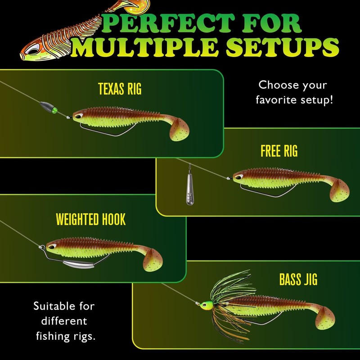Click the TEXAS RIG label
click(119, 89)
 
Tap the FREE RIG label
click(279, 151)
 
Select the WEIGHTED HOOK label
click(90, 220)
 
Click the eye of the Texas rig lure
click(79, 116)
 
